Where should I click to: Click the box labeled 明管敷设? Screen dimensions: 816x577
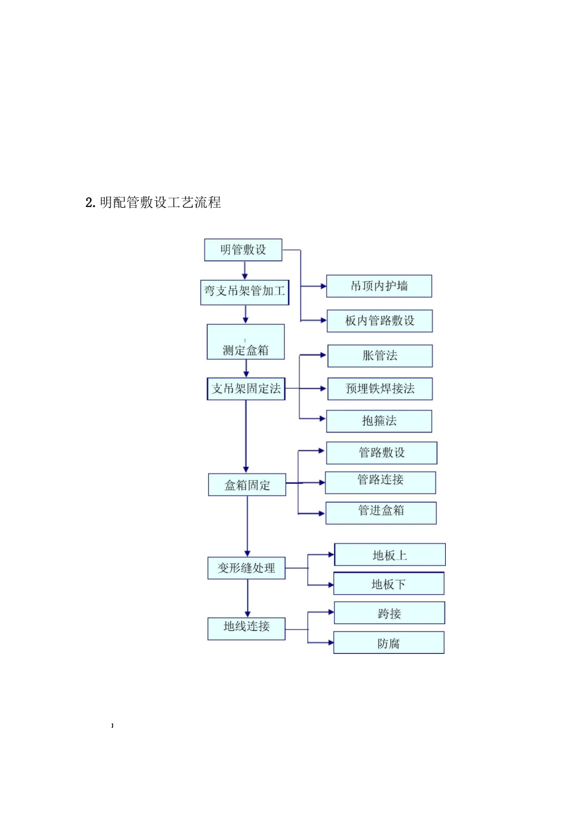click(x=243, y=250)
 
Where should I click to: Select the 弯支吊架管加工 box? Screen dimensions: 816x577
click(x=245, y=292)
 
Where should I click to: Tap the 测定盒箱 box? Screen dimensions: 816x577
click(x=245, y=342)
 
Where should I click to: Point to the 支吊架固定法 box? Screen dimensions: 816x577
click(x=246, y=389)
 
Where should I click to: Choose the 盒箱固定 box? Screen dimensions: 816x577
click(x=247, y=485)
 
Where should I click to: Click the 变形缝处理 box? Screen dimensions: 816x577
click(x=247, y=568)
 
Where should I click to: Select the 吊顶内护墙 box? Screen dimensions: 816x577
click(x=379, y=286)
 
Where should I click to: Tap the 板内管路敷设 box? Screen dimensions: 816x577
click(x=380, y=321)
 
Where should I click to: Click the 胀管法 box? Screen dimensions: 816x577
click(x=380, y=356)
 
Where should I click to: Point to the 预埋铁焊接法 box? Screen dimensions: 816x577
click(x=380, y=389)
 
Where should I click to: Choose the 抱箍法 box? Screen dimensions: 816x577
click(x=379, y=421)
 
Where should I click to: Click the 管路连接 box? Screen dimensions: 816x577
click(x=380, y=482)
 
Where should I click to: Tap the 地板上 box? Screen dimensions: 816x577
click(x=389, y=555)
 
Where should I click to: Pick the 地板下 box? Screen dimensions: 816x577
click(x=389, y=584)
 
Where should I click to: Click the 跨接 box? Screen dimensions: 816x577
click(x=389, y=613)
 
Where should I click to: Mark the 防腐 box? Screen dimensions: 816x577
click(x=389, y=643)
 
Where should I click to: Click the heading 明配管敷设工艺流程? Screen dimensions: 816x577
click(x=154, y=203)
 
